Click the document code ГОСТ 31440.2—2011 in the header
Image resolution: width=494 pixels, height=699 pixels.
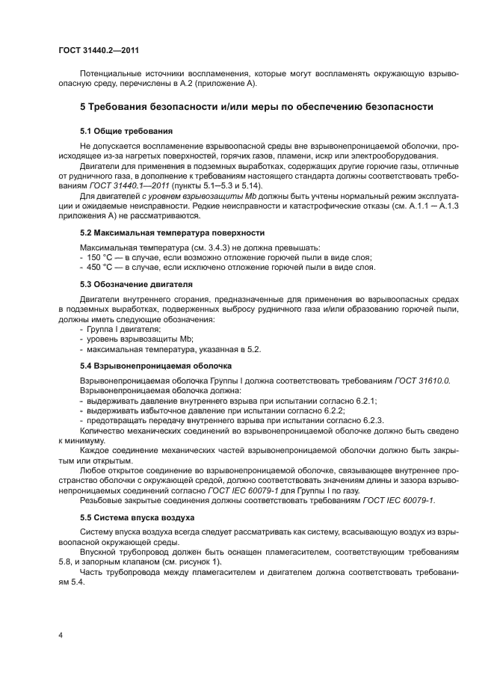pyautogui.click(x=99, y=49)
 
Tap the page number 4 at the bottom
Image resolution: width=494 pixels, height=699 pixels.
pyautogui.click(x=60, y=635)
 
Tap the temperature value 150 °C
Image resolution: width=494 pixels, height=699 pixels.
pyautogui.click(x=102, y=257)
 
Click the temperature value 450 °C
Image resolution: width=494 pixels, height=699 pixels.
pyautogui.click(x=102, y=267)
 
